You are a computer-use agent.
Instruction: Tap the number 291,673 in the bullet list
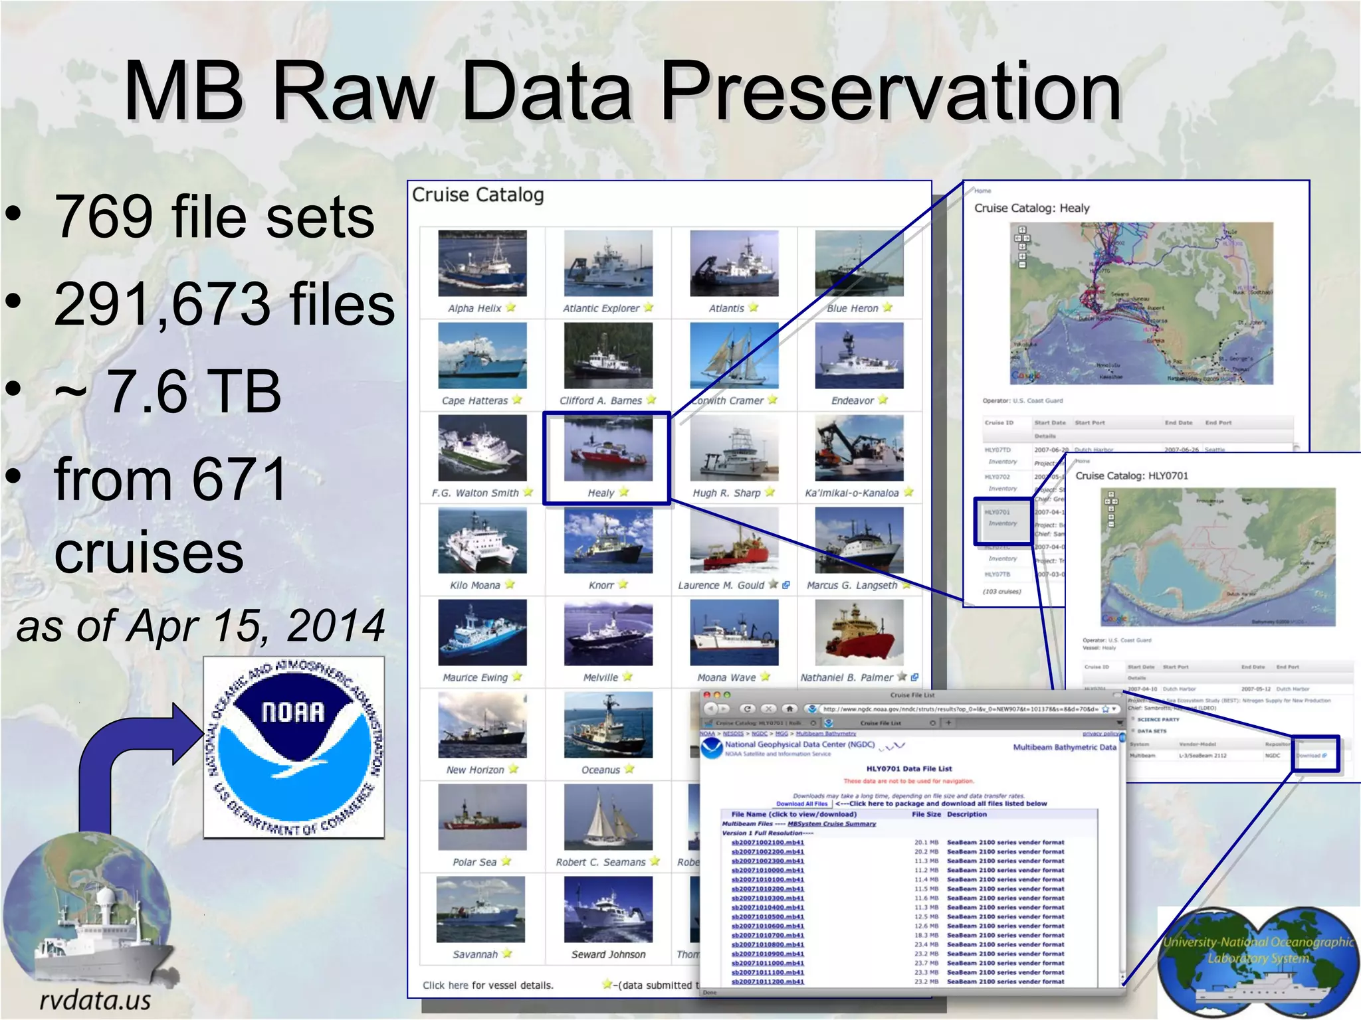162,303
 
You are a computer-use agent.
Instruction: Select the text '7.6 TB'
193,391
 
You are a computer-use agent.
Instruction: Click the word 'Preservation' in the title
890,91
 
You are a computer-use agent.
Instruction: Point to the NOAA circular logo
294,747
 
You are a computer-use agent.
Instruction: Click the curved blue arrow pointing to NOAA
133,764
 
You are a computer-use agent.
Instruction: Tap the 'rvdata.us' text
95,1000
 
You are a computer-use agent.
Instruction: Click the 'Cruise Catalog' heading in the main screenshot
478,195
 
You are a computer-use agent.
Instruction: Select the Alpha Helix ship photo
482,264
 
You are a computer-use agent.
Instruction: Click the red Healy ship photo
608,448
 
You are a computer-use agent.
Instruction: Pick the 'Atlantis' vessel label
726,308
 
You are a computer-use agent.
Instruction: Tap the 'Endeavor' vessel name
852,400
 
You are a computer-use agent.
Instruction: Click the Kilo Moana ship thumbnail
482,541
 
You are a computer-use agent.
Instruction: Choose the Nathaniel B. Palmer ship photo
859,632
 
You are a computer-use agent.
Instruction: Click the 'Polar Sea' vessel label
474,862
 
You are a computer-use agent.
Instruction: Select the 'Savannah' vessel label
475,954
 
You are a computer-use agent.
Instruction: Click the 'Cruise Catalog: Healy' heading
1031,208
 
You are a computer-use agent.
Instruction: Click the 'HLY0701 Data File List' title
908,768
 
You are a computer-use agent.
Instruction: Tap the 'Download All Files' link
801,804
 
